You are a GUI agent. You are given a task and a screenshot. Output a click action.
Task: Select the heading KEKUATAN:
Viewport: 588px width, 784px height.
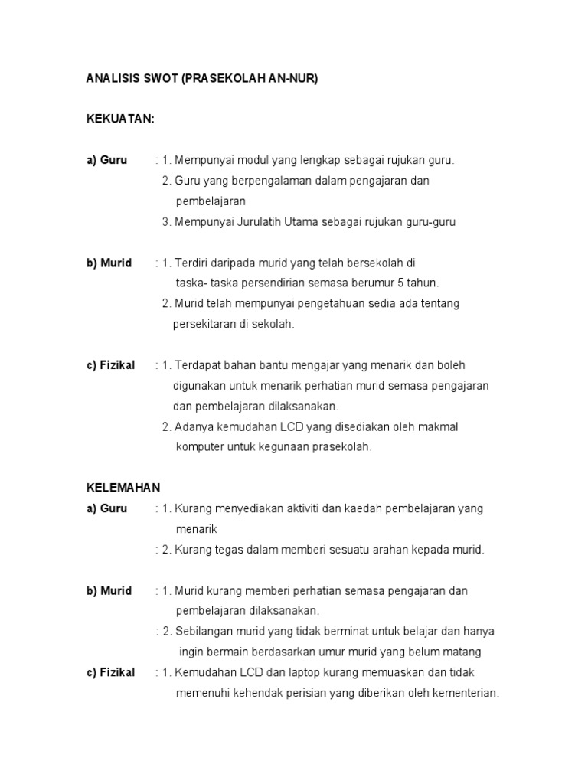120,119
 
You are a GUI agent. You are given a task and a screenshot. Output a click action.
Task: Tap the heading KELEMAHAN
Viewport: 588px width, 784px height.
122,487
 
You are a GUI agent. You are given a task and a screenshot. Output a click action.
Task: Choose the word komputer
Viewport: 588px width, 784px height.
200,447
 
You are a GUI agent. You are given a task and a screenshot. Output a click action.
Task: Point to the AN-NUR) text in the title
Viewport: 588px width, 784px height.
288,79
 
